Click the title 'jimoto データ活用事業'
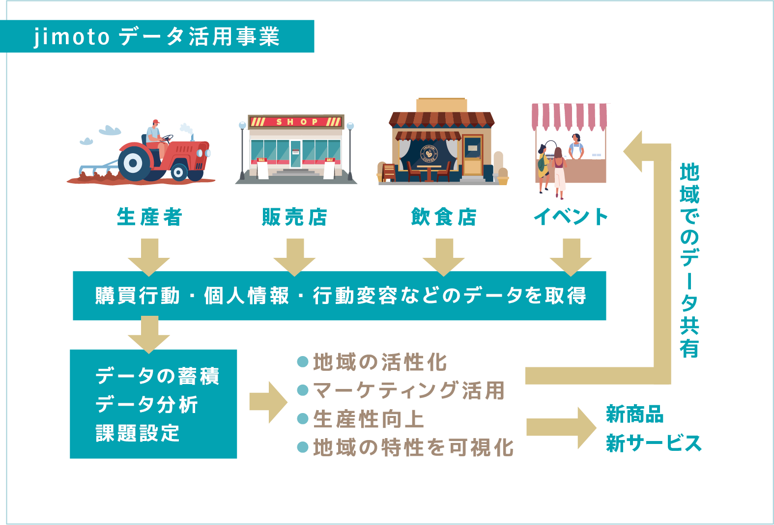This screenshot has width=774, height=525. point(156,36)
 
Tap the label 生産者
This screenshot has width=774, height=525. point(149,217)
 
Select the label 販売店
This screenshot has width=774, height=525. point(294,217)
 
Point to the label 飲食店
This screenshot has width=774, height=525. point(443,217)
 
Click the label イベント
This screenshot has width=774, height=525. point(571,217)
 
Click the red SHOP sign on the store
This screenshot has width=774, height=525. point(296,122)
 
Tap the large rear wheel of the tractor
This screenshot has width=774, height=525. point(133,162)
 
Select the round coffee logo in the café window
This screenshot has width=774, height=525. point(429,154)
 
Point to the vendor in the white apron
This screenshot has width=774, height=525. point(575,147)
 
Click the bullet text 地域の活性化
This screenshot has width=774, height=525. point(379,362)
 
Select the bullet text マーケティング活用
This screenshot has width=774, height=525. point(408,391)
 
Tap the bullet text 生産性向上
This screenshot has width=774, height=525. point(368,419)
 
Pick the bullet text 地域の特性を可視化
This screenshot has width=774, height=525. point(413,448)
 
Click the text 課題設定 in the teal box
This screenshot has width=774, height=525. point(138,433)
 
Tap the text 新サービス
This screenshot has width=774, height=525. point(653,443)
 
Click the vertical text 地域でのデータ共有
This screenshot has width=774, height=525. point(689,260)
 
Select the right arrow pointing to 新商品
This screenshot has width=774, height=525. point(560,427)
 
